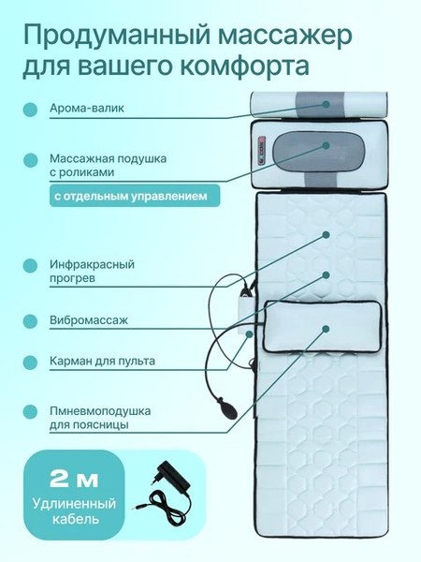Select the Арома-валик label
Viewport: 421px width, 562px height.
coord(86,109)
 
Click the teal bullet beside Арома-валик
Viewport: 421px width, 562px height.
coord(30,110)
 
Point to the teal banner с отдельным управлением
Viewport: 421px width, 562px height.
coord(135,197)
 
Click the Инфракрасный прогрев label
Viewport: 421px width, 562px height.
coord(92,272)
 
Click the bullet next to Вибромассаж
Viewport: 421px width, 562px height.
coord(30,320)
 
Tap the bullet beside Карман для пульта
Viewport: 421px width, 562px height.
coord(30,361)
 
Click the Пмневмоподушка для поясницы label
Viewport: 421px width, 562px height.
coord(100,418)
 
